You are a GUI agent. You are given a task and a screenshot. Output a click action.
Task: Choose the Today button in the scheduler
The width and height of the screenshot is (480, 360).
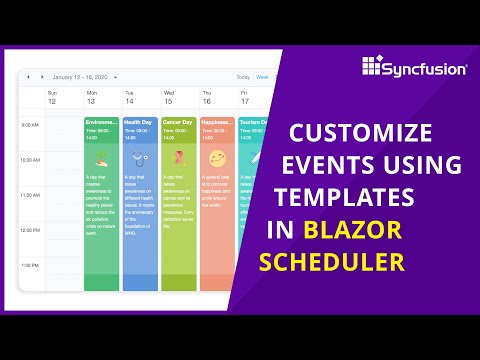pos(243,77)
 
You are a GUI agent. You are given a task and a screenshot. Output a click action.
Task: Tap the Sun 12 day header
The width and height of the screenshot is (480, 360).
pos(52,98)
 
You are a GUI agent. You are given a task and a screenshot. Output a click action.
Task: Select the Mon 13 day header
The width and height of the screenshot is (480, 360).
pos(91,98)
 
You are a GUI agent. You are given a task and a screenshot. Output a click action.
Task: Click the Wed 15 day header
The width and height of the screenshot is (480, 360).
pos(168,98)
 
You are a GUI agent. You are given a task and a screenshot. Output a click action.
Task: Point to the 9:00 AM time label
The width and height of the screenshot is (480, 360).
pos(30,125)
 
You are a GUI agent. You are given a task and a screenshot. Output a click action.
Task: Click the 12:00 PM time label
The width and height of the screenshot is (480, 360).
pos(30,230)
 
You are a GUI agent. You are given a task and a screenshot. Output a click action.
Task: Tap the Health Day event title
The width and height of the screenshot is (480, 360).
pos(138,122)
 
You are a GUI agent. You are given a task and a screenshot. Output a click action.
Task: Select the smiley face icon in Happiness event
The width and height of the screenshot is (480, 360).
pos(218,158)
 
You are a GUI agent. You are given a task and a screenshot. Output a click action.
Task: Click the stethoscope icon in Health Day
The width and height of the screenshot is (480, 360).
pos(140,158)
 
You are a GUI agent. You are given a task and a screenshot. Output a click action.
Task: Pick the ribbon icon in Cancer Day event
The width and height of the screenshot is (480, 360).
pos(179,158)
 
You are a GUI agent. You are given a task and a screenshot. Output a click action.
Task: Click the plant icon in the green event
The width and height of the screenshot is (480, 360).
pos(101,158)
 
